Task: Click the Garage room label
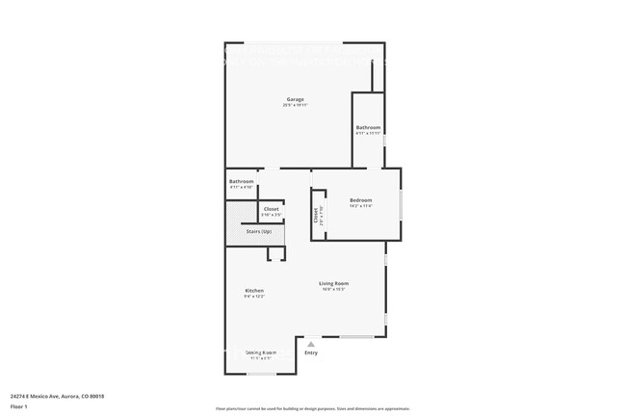click(x=295, y=99)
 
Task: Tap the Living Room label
click(x=334, y=283)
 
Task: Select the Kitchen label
click(x=254, y=290)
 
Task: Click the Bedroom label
click(x=360, y=199)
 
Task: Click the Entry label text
click(x=311, y=352)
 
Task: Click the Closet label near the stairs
click(x=272, y=209)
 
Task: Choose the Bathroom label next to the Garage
click(x=368, y=127)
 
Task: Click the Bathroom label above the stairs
click(x=241, y=182)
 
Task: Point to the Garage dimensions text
click(x=295, y=105)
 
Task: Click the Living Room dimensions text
click(x=334, y=289)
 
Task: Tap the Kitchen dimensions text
click(x=254, y=296)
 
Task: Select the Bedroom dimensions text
click(x=360, y=205)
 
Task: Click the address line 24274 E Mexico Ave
click(x=57, y=396)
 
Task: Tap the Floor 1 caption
click(x=19, y=406)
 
